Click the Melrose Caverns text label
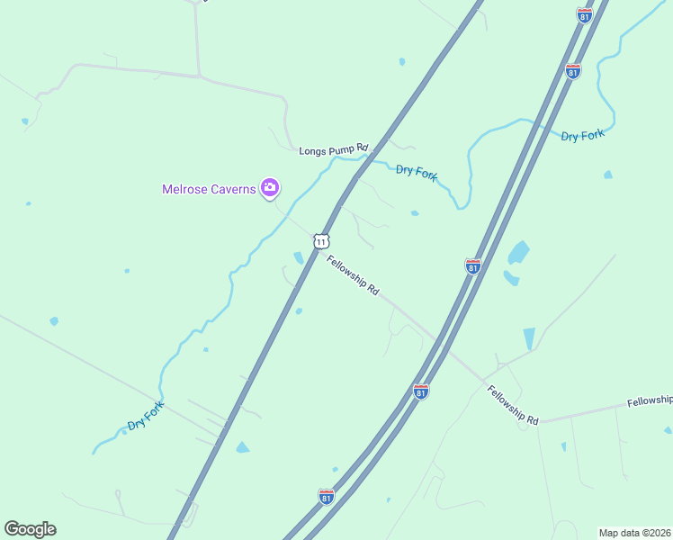(x=209, y=189)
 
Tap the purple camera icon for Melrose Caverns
(x=269, y=187)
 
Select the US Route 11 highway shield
(x=321, y=241)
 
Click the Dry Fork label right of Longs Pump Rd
(x=417, y=171)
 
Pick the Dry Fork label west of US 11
(x=146, y=417)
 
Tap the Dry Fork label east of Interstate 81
(x=582, y=135)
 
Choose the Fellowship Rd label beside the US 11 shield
(x=353, y=275)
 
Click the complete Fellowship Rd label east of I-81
(x=513, y=405)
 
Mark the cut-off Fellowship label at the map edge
(x=650, y=400)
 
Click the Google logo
(x=30, y=529)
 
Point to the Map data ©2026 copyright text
(x=634, y=533)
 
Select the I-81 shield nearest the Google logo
(x=326, y=497)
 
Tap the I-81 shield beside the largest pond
(x=472, y=265)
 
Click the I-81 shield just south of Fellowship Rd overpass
(x=420, y=391)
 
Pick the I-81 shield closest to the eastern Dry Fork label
(x=573, y=70)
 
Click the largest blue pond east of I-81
(x=518, y=253)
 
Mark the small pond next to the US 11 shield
(x=299, y=258)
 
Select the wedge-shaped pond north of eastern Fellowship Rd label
(x=528, y=337)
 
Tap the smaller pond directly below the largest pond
(x=511, y=278)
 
